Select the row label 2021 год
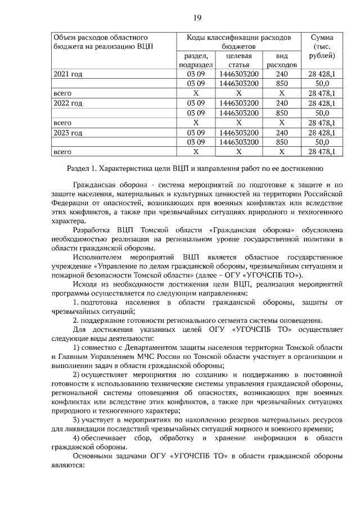click(67, 74)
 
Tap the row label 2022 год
click(67, 103)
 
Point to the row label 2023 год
click(67, 132)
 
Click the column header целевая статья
click(238, 60)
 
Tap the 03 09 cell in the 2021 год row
click(196, 74)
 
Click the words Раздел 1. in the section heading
click(83, 168)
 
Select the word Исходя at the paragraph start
click(85, 284)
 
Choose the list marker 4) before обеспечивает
click(76, 438)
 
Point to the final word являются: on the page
click(67, 465)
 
